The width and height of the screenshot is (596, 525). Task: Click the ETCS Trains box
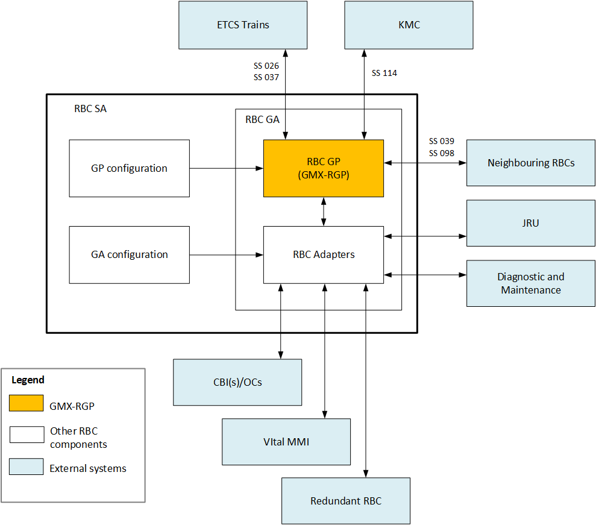(x=243, y=25)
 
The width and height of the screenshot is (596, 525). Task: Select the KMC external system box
(x=409, y=25)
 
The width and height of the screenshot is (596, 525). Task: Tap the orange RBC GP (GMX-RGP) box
(x=324, y=168)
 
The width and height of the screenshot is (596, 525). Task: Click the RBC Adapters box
(x=324, y=254)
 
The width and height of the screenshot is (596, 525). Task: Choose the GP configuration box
(x=129, y=168)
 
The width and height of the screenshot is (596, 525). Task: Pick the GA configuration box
(x=129, y=254)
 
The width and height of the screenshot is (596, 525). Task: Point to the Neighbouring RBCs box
(x=531, y=163)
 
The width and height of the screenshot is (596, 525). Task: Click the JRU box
(x=531, y=223)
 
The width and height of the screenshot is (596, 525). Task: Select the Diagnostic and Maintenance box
(x=531, y=283)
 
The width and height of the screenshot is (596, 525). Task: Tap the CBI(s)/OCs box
(x=237, y=382)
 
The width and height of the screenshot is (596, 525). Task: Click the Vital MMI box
(x=286, y=442)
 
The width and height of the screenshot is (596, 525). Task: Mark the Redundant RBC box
(x=346, y=501)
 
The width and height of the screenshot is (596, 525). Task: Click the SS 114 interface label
(x=384, y=73)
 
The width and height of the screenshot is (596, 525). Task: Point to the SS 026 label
(x=266, y=66)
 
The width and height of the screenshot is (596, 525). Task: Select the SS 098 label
(x=442, y=153)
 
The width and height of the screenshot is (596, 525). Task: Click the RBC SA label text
(x=90, y=109)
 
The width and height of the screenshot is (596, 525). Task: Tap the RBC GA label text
(x=262, y=119)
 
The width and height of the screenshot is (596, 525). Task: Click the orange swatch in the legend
(x=26, y=403)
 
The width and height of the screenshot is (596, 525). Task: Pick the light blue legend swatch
(x=26, y=467)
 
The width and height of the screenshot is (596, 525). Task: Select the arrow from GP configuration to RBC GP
(x=226, y=168)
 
